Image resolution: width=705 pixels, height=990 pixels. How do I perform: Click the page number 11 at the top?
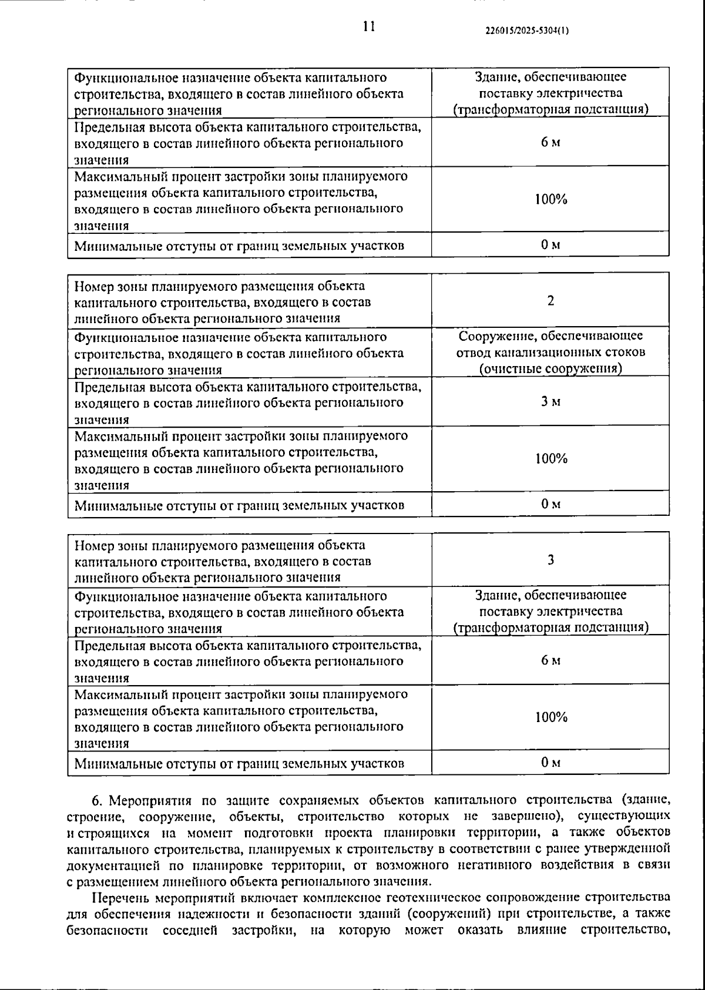(x=368, y=26)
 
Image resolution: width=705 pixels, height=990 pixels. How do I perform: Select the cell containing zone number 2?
(x=550, y=301)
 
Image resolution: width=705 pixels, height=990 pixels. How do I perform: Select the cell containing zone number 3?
(x=550, y=560)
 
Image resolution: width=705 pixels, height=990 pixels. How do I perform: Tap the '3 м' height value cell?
(x=550, y=402)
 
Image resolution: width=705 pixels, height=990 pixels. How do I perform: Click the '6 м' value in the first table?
(x=550, y=143)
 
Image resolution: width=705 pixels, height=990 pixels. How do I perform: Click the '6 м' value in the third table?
(x=550, y=660)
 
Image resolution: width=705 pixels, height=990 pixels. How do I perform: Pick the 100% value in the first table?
(x=550, y=199)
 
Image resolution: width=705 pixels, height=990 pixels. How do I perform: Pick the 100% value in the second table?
(x=550, y=458)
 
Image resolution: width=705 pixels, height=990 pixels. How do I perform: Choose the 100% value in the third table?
(x=550, y=717)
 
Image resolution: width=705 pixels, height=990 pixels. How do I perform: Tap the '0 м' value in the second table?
(x=550, y=504)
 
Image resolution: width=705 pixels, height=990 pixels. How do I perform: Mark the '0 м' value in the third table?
(x=550, y=763)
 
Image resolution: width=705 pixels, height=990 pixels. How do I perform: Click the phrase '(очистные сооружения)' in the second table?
(x=550, y=369)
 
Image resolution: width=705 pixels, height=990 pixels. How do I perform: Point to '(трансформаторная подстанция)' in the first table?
(x=550, y=110)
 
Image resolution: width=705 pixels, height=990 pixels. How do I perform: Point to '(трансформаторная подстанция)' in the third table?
(x=550, y=627)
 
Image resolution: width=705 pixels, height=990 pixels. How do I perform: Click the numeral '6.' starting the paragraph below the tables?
(x=98, y=801)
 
